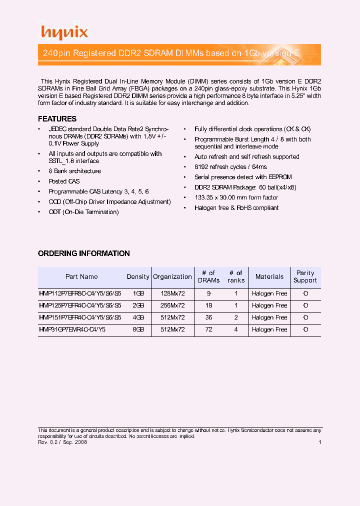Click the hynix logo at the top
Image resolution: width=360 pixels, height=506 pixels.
point(64,33)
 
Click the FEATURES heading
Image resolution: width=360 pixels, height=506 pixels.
point(57,119)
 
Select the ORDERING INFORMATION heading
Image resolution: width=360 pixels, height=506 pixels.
point(83,253)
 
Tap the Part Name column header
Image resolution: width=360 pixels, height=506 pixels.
point(81,277)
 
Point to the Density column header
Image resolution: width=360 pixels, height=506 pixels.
point(138,277)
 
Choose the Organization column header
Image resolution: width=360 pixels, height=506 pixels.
point(172,277)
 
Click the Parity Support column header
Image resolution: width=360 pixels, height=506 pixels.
point(305,277)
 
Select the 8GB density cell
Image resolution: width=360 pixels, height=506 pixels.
point(138,330)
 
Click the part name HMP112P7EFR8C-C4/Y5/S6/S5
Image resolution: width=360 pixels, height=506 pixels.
point(80,293)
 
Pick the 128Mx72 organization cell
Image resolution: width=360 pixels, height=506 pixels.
point(172,293)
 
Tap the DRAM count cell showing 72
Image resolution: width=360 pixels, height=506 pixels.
point(208,330)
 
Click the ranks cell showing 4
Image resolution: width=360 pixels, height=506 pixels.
point(235,330)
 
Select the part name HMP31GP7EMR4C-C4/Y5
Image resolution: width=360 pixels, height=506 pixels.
point(72,330)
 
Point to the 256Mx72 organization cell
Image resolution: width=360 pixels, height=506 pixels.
point(172,305)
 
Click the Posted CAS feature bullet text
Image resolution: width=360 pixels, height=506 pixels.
point(64,181)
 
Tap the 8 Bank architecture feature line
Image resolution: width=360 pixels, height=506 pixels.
point(74,171)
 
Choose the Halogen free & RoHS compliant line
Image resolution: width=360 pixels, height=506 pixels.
point(236,208)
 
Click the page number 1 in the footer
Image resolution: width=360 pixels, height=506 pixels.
point(319,442)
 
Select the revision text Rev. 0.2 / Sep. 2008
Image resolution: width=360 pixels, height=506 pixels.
point(63,442)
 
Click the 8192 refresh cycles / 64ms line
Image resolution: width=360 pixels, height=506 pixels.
point(230,167)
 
